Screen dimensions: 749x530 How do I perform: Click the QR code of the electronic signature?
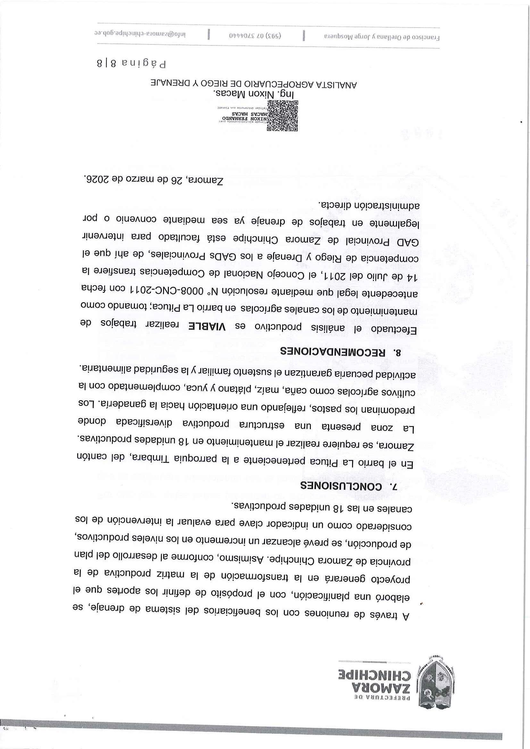(x=282, y=116)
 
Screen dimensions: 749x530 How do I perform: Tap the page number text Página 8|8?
(x=131, y=63)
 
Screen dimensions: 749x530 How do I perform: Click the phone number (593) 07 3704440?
(x=255, y=36)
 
